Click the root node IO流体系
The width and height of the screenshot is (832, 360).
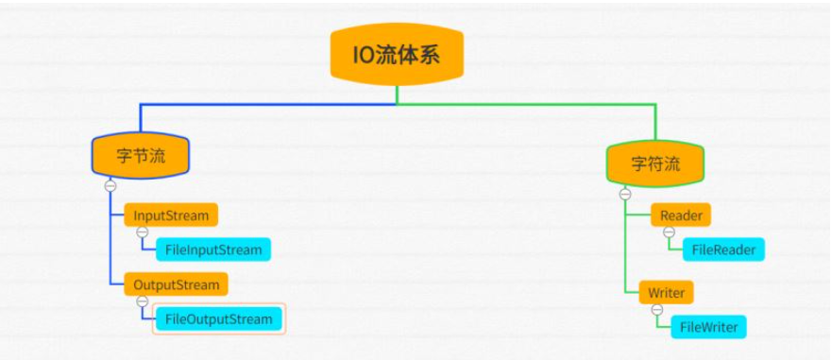click(397, 55)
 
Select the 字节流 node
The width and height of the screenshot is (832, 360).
click(141, 156)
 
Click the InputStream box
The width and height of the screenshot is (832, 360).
click(171, 214)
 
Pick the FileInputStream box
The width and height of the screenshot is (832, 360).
click(213, 249)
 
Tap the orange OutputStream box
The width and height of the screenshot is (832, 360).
click(177, 284)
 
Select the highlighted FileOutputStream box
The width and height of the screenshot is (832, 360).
click(219, 318)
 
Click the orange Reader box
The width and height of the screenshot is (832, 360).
click(681, 215)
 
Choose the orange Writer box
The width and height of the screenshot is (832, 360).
click(667, 292)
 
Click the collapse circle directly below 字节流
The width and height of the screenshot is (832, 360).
click(110, 185)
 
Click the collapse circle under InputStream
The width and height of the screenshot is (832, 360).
click(142, 232)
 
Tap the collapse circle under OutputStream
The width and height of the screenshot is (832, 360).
click(142, 301)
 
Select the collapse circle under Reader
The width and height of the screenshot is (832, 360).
click(669, 232)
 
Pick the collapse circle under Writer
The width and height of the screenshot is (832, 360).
click(656, 309)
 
